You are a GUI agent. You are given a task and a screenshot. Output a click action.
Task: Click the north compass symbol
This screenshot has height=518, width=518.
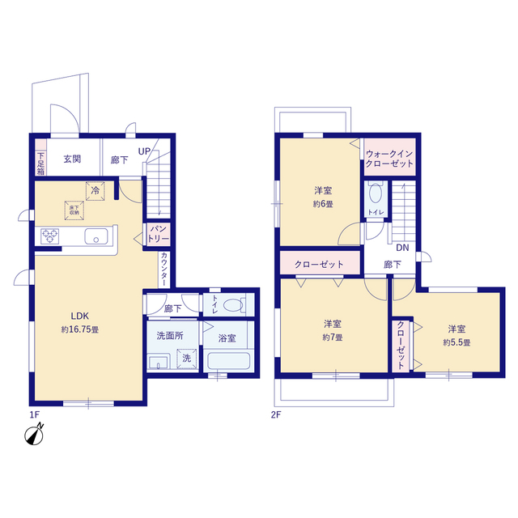pos(34,436)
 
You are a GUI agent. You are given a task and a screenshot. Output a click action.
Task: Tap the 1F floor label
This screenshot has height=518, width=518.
pos(34,414)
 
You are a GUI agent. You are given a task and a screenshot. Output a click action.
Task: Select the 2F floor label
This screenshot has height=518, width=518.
pos(275,414)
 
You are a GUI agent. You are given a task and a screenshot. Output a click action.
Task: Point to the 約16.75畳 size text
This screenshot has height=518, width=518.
pos(79,330)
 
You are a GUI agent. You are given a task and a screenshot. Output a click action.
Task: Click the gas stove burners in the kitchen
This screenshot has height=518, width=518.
pos(50,236)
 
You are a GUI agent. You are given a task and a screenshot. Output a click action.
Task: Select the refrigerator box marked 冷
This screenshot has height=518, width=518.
pos(96,192)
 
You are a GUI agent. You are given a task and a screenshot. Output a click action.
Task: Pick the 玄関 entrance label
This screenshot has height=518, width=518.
pos(73,159)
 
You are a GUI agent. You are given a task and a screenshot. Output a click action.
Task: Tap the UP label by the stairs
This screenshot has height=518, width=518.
pos(143,151)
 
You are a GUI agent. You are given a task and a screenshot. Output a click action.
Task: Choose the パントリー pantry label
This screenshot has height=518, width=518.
pos(156,233)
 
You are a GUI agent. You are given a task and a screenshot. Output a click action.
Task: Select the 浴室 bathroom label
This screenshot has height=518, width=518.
pos(227,338)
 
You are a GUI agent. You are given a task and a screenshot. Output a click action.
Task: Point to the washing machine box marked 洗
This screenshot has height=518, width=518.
pos(186,357)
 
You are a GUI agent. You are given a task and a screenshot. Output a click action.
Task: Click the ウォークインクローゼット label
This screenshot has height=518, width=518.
pos(389,159)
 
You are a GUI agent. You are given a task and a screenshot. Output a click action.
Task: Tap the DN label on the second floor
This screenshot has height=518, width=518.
pos(401,248)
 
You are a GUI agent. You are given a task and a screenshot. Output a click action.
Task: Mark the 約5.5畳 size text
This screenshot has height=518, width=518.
pos(456,342)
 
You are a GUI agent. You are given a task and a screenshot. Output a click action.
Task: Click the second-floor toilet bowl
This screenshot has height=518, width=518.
pos(375,194)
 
